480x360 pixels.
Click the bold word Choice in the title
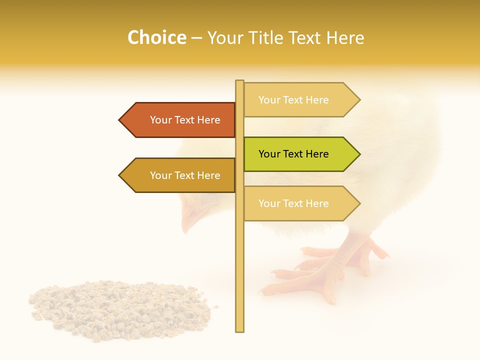click(156, 37)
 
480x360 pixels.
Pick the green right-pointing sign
click(297, 154)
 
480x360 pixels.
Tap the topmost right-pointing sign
click(297, 100)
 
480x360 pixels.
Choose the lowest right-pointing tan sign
click(297, 203)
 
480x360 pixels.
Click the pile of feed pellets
click(120, 310)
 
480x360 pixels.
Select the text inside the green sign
click(293, 154)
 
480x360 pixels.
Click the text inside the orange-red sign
click(185, 120)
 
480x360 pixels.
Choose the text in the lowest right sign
click(293, 203)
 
